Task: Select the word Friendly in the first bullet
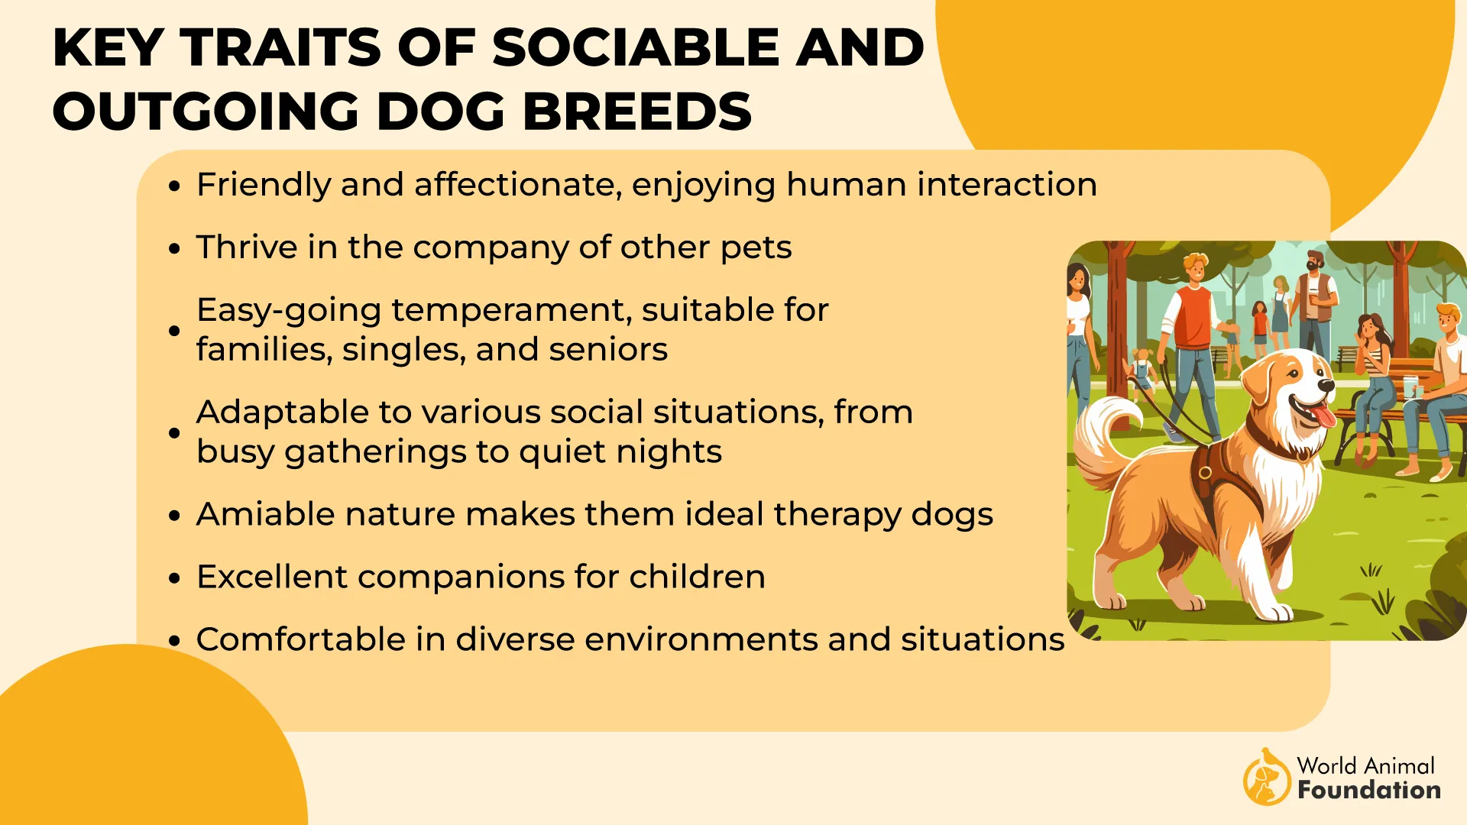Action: [x=263, y=185]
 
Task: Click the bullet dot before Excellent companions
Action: [x=175, y=579]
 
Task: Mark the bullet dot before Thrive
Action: [x=175, y=249]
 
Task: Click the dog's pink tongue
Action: [x=1324, y=416]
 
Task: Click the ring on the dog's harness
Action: [x=1205, y=472]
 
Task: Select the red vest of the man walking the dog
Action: [x=1192, y=317]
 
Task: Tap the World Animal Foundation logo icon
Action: [x=1265, y=778]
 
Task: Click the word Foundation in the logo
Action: [x=1368, y=790]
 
